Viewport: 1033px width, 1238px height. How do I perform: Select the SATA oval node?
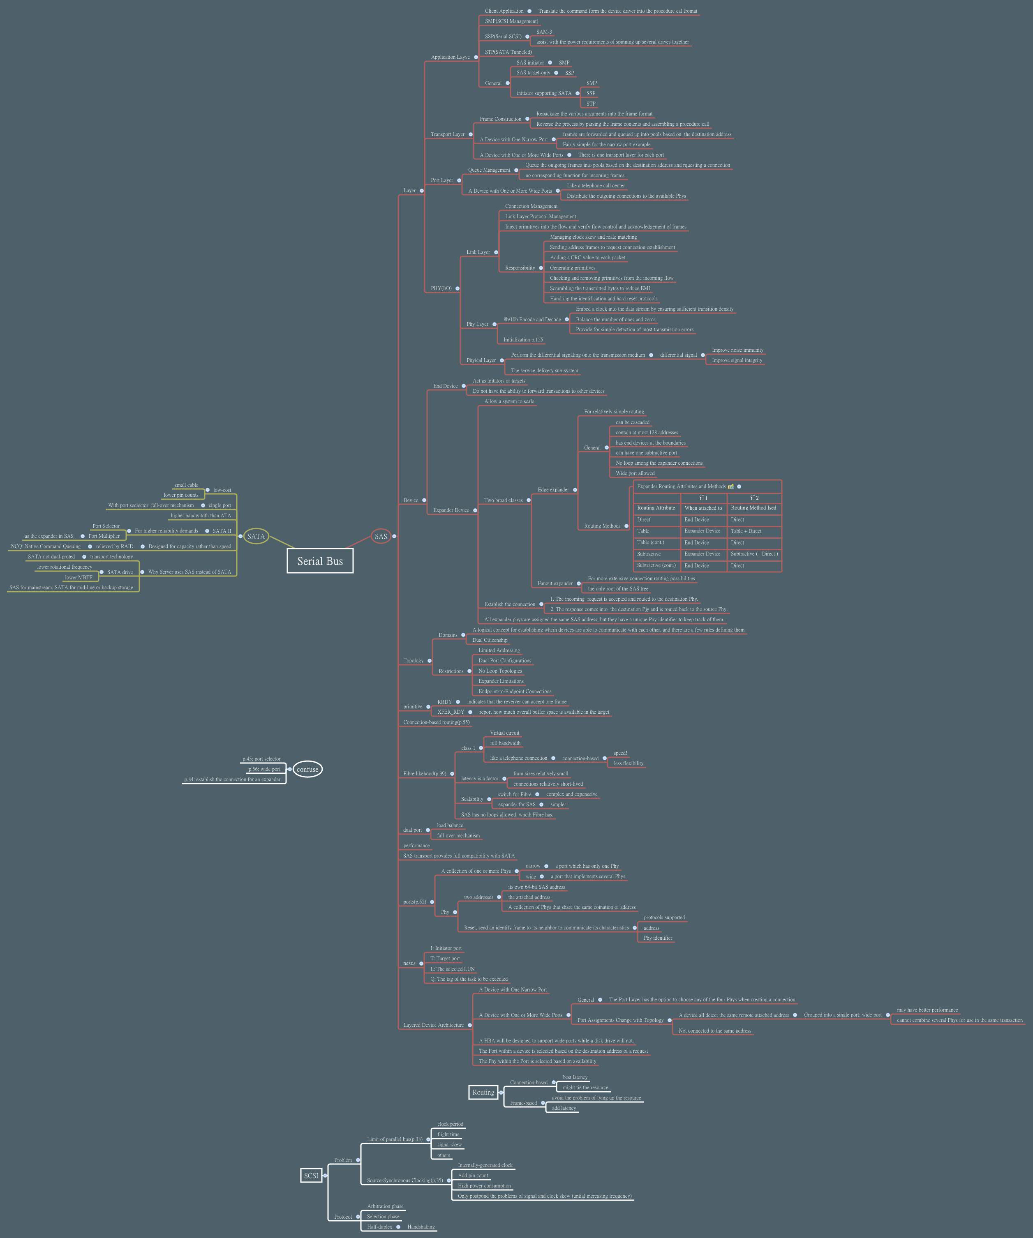[x=256, y=536]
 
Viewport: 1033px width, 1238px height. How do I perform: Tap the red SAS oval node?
[x=381, y=536]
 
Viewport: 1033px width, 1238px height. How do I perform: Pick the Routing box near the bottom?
[x=483, y=1093]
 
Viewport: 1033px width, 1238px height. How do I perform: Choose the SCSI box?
[x=311, y=1176]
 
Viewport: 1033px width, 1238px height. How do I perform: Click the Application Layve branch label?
[x=450, y=57]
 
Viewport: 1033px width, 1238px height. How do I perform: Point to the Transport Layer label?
[x=448, y=134]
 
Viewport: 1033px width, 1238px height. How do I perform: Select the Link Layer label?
[x=478, y=252]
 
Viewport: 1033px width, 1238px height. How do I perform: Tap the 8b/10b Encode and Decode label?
[x=532, y=320]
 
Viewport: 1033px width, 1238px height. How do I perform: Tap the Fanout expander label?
[x=555, y=583]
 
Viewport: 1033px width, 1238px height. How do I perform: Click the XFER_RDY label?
[x=451, y=712]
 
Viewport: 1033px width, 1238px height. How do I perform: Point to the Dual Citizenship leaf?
[x=490, y=640]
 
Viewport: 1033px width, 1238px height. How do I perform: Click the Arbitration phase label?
[x=385, y=1206]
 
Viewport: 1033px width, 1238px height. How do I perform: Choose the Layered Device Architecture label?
[x=433, y=1025]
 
